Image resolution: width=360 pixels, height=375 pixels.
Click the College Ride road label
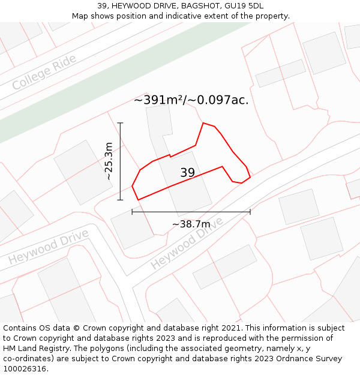(x=44, y=72)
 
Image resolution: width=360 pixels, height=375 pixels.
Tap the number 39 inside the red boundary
(x=188, y=173)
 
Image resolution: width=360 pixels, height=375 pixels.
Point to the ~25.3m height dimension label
(x=109, y=161)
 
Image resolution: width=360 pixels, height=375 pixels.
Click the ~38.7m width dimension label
(x=191, y=224)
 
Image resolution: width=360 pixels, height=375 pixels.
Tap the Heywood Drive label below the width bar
(x=186, y=242)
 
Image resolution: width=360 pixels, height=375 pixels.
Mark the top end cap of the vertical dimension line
(x=121, y=123)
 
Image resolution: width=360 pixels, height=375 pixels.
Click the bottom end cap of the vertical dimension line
(x=121, y=200)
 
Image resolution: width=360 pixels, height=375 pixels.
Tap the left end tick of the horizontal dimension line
(x=132, y=211)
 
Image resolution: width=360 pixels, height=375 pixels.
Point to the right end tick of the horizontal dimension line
(x=250, y=211)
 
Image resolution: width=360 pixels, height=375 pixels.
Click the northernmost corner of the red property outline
(x=203, y=123)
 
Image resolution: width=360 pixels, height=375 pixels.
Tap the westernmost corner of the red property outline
(x=132, y=187)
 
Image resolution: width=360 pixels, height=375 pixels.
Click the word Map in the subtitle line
(x=81, y=16)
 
